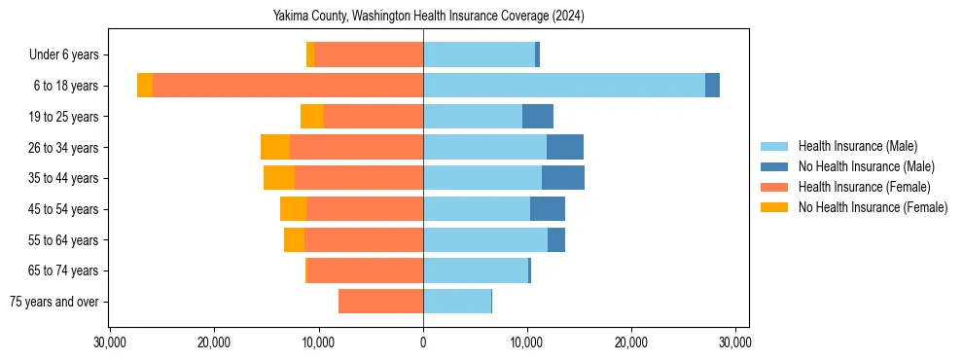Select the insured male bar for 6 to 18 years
click(x=564, y=86)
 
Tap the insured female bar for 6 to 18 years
click(x=288, y=86)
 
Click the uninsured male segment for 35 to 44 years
click(x=563, y=178)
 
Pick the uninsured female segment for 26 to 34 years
click(x=275, y=147)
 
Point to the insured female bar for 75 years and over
click(x=380, y=302)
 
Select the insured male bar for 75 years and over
click(x=457, y=302)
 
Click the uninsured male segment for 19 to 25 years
click(x=538, y=117)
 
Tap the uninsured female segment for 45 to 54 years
click(x=293, y=209)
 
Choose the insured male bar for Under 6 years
click(x=479, y=54)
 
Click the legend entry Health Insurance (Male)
click(x=857, y=147)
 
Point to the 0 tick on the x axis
click(x=423, y=342)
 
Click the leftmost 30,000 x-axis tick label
click(x=110, y=342)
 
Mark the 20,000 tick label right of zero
click(x=631, y=342)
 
